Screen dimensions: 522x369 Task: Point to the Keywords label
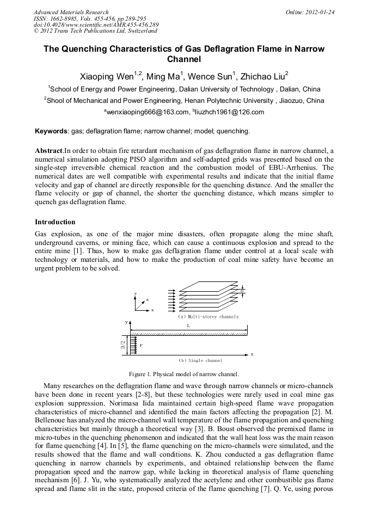51,132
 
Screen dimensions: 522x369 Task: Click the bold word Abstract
48,150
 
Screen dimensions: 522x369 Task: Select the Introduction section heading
55,222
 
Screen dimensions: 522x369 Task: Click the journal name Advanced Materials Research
71,12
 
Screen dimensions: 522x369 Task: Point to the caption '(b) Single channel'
200,360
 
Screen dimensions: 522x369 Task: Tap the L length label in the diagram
188,325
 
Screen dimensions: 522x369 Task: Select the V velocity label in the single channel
141,345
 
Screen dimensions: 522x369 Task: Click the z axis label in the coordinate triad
147,300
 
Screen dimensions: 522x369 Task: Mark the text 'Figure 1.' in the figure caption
140,374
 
